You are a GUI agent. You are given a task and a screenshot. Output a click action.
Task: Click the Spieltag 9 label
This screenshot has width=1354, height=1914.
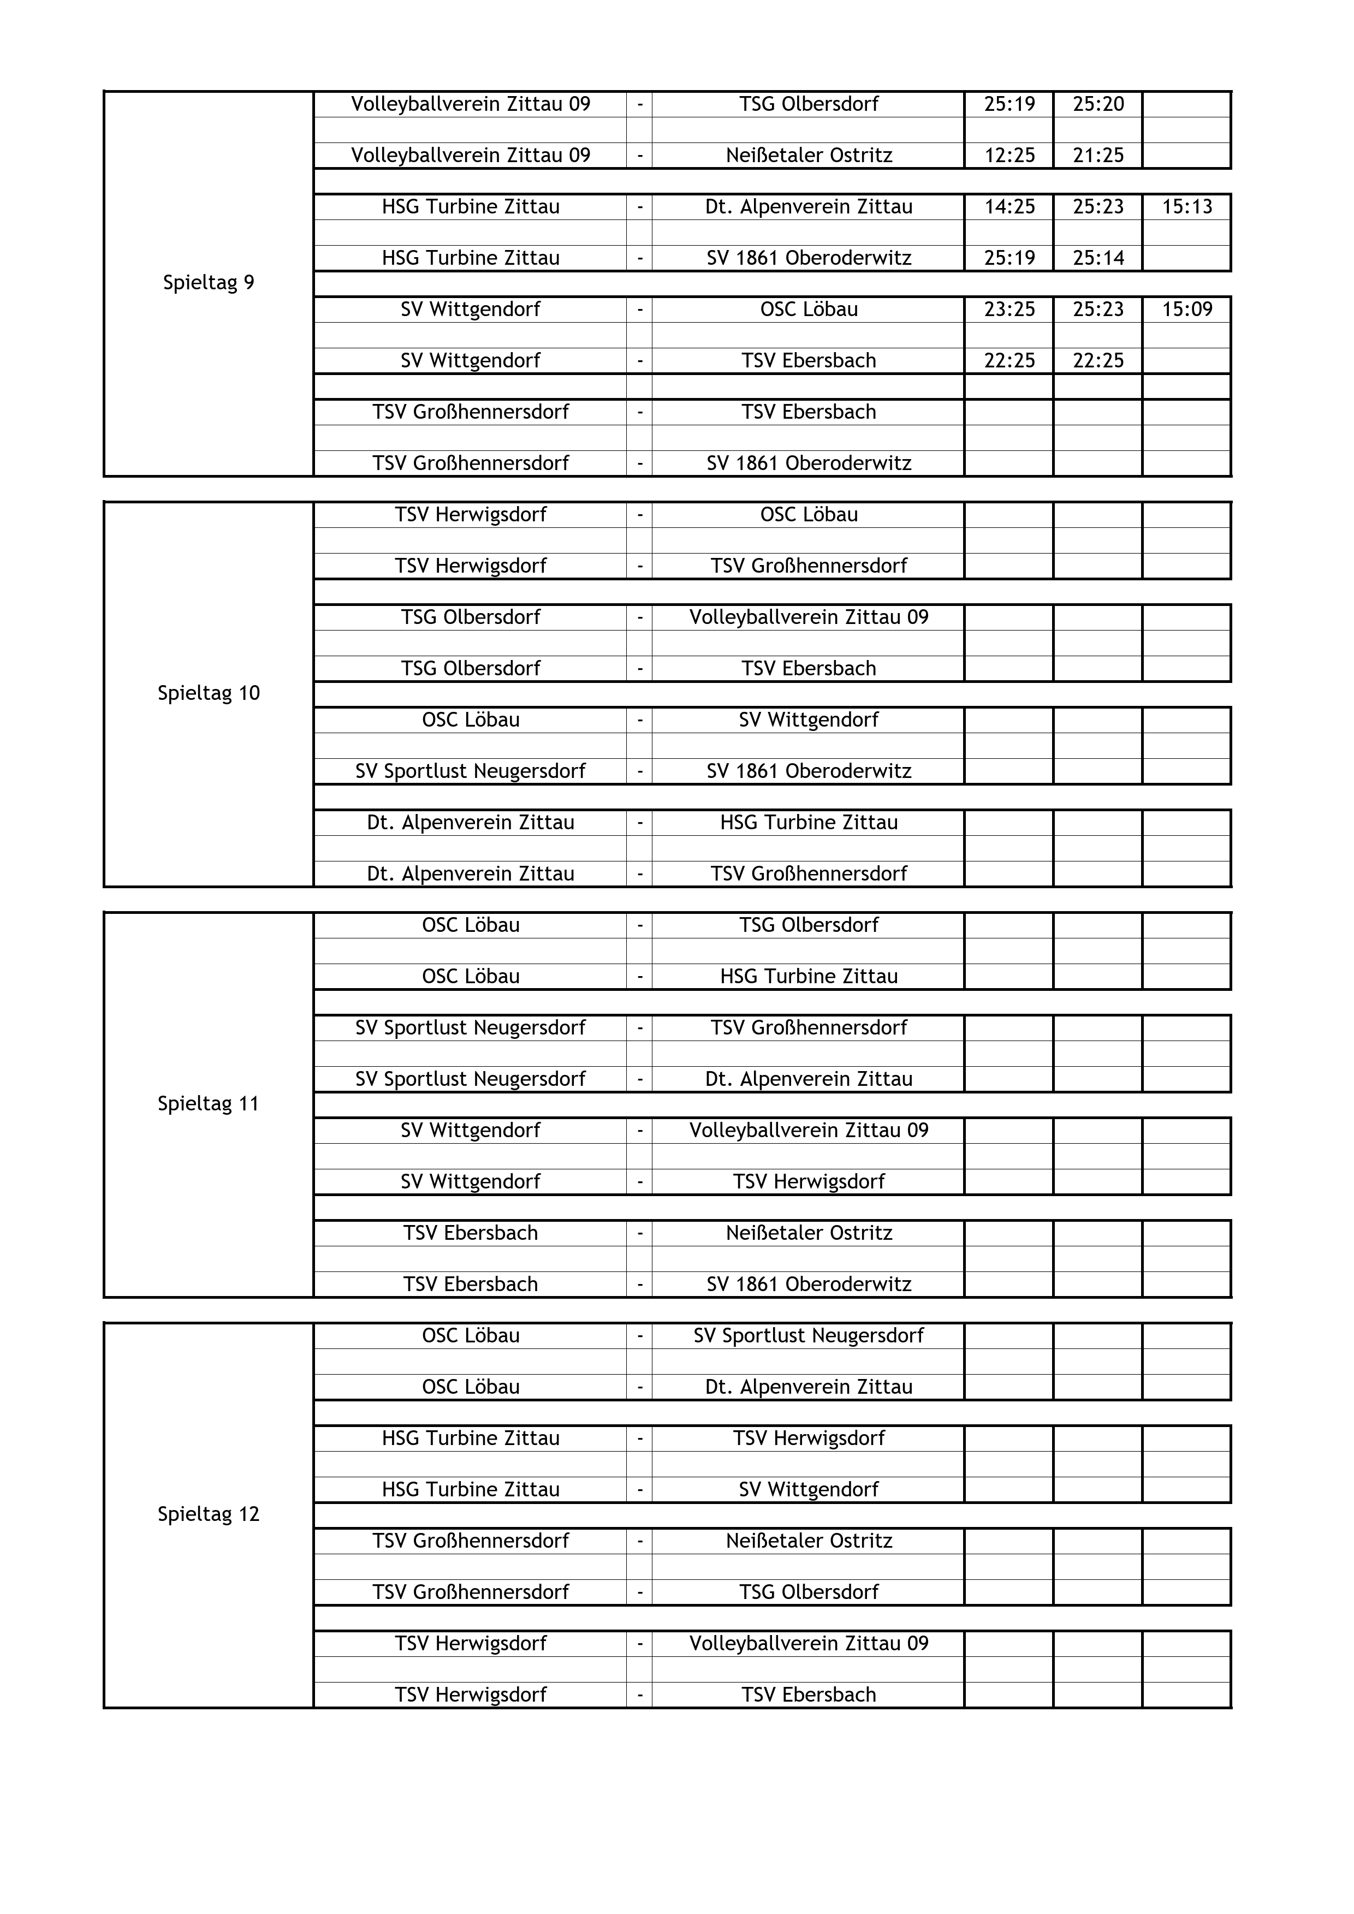tap(209, 283)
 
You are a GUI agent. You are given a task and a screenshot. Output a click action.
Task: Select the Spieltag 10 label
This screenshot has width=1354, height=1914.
tap(209, 693)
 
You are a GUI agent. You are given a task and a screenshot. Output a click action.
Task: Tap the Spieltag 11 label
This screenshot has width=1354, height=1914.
tap(209, 1104)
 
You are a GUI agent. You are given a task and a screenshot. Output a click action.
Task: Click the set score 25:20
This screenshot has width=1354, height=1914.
tap(1098, 104)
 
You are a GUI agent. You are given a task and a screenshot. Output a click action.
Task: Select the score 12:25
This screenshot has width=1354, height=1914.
tap(1009, 155)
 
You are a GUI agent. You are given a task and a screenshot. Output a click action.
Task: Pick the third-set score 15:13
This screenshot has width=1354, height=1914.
tap(1186, 207)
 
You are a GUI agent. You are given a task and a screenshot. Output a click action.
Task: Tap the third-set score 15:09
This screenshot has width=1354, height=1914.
tap(1186, 310)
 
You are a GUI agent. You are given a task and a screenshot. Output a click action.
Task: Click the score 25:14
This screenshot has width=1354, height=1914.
tap(1098, 258)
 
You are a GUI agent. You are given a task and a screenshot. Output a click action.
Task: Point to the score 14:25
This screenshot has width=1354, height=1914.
tap(1009, 207)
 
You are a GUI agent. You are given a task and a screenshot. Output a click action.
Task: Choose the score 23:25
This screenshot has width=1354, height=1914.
tap(1009, 310)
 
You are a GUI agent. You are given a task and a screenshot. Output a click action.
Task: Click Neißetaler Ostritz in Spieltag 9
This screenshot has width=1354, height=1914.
tap(809, 155)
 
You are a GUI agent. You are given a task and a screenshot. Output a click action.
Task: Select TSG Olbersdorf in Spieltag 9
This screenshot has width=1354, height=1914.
tap(809, 104)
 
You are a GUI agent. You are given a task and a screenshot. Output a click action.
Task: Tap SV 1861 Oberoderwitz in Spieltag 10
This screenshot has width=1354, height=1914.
tap(809, 771)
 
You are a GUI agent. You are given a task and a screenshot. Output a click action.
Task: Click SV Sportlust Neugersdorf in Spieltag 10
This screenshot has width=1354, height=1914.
tap(470, 771)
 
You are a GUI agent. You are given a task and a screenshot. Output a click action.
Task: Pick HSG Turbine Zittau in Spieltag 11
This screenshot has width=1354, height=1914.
tap(809, 976)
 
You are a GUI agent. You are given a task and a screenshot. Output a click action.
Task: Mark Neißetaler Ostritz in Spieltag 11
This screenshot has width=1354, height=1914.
tap(809, 1233)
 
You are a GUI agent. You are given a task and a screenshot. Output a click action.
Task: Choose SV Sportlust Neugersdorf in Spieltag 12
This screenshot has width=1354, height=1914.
tap(809, 1335)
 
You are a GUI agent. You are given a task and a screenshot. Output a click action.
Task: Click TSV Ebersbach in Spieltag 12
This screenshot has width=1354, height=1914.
tap(809, 1695)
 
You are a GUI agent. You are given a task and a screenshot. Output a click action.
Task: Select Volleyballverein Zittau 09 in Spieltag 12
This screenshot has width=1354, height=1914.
tap(809, 1643)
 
